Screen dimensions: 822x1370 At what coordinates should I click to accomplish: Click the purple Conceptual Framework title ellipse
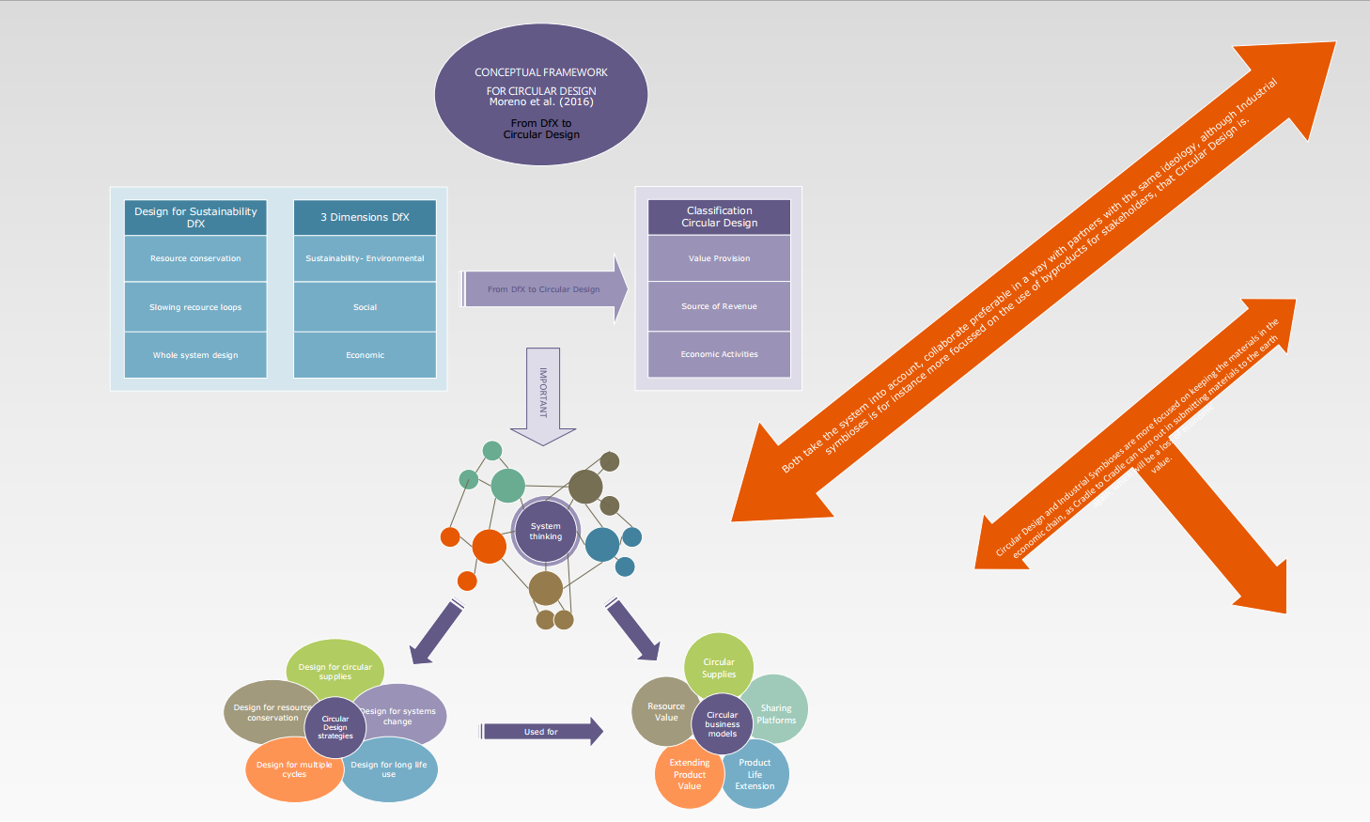[541, 95]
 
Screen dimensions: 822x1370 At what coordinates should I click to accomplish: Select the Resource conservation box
[195, 258]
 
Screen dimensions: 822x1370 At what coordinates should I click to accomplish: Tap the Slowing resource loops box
[195, 307]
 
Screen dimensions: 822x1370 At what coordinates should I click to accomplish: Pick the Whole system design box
[195, 355]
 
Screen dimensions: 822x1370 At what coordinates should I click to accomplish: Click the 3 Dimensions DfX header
[365, 217]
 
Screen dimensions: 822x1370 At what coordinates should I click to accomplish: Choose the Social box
[365, 307]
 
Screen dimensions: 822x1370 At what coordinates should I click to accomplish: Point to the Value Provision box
[719, 258]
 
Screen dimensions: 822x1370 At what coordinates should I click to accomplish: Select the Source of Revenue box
[719, 306]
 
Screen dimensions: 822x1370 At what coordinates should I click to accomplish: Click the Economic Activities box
[719, 354]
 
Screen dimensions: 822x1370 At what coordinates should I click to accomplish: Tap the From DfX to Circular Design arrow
[543, 289]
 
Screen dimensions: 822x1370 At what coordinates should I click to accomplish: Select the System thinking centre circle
[545, 532]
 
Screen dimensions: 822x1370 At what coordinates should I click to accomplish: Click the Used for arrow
[541, 732]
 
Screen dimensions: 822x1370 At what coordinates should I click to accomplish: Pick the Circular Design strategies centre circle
[335, 727]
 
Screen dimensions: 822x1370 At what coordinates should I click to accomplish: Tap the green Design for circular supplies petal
[335, 666]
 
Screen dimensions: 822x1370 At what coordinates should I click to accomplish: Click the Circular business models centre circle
[722, 723]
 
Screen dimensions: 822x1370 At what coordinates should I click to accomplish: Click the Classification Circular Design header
[719, 217]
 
